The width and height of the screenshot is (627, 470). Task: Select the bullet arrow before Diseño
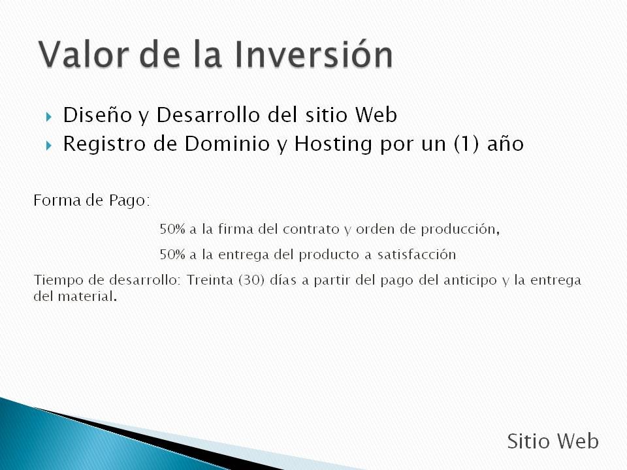click(49, 117)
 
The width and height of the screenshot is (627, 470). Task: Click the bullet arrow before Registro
click(49, 146)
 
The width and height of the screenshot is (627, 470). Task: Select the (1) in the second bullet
click(466, 144)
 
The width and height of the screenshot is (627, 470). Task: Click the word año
click(506, 144)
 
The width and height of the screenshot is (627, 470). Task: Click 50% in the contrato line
click(172, 229)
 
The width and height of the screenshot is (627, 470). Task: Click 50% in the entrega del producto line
click(172, 255)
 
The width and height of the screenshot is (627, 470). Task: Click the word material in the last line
click(88, 296)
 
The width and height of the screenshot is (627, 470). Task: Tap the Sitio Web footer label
click(553, 441)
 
